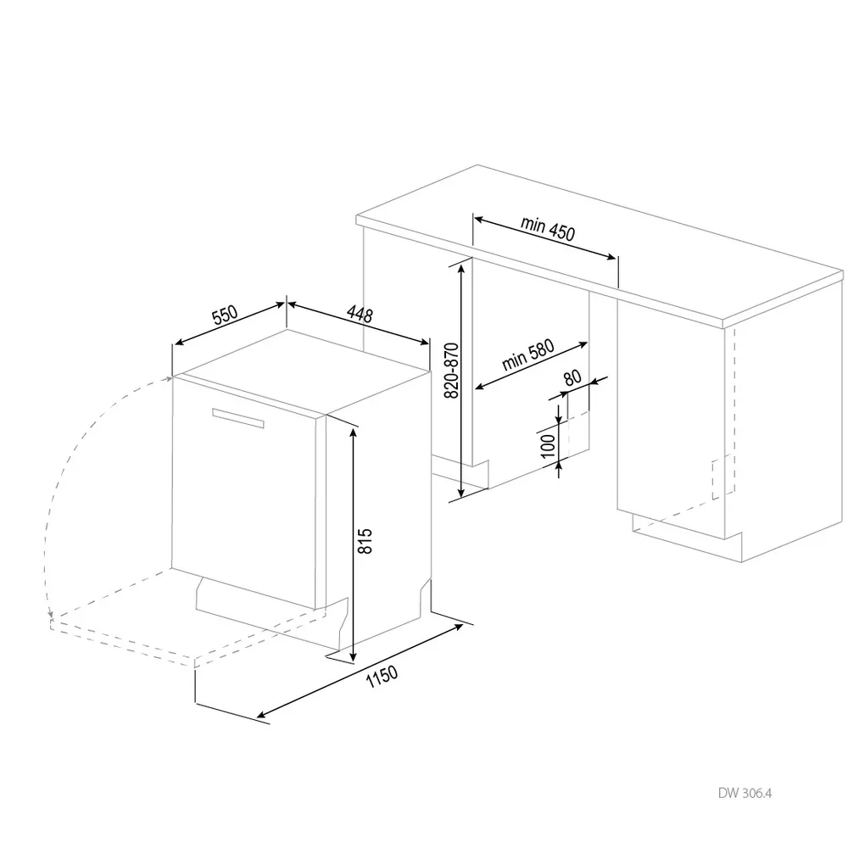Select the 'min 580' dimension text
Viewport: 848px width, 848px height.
[x=527, y=356]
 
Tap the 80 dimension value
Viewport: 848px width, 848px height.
[x=572, y=378]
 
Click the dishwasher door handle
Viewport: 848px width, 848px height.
[x=238, y=417]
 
